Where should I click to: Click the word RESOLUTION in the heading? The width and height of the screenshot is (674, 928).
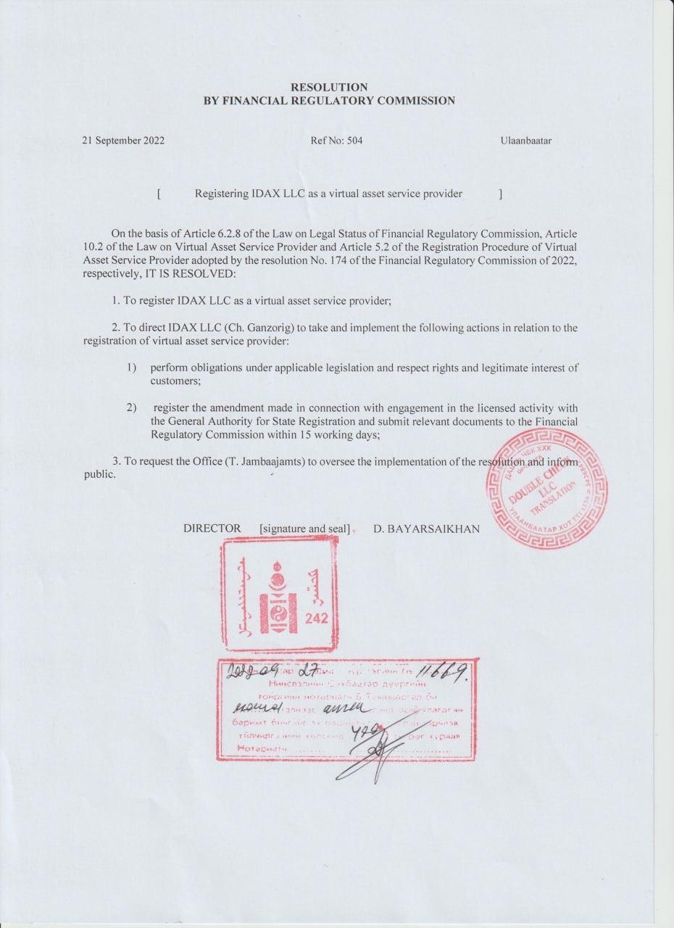328,87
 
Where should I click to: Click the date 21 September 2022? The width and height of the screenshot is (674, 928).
123,141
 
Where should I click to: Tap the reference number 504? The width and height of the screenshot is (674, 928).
354,141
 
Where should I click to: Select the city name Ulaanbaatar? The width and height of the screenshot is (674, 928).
525,141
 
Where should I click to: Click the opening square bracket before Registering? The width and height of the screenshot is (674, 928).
158,194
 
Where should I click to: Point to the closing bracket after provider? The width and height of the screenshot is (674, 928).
500,194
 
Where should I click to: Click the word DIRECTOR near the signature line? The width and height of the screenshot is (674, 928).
212,529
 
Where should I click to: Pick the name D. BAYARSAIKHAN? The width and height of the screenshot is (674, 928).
426,529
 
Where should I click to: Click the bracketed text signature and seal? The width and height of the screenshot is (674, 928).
304,529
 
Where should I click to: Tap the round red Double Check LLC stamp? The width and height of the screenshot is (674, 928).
546,488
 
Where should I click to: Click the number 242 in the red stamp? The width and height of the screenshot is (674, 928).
317,618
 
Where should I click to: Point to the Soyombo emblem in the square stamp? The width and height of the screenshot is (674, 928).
277,594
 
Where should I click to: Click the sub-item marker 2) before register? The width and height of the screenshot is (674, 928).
132,408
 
